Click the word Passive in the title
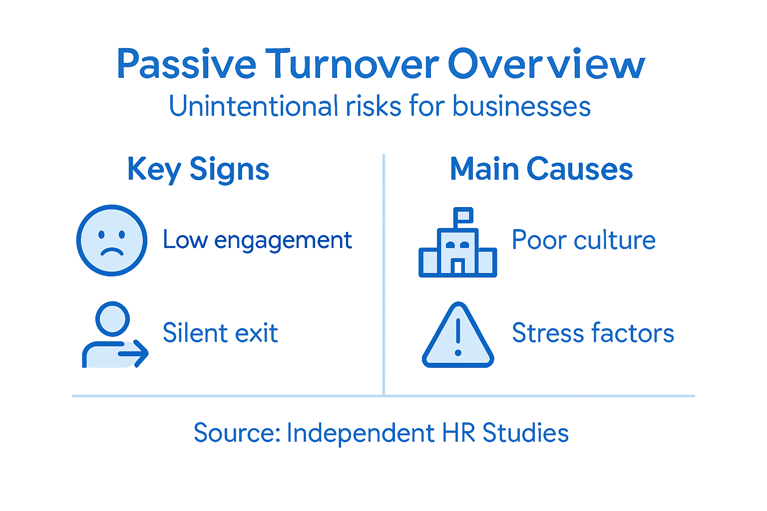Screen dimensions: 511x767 (x=186, y=64)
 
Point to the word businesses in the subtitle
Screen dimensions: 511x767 (x=521, y=106)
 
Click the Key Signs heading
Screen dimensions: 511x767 (x=198, y=170)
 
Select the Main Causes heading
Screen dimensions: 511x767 (x=541, y=169)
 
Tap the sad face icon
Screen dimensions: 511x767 (x=112, y=240)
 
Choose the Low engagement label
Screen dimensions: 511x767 (x=257, y=241)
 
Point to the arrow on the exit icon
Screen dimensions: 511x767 (x=135, y=354)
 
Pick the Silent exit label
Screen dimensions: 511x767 (x=220, y=333)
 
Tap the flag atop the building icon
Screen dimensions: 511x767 (x=464, y=215)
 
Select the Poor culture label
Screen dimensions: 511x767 (x=583, y=241)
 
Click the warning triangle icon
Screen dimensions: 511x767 (x=458, y=336)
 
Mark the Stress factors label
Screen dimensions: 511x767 (x=593, y=333)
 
